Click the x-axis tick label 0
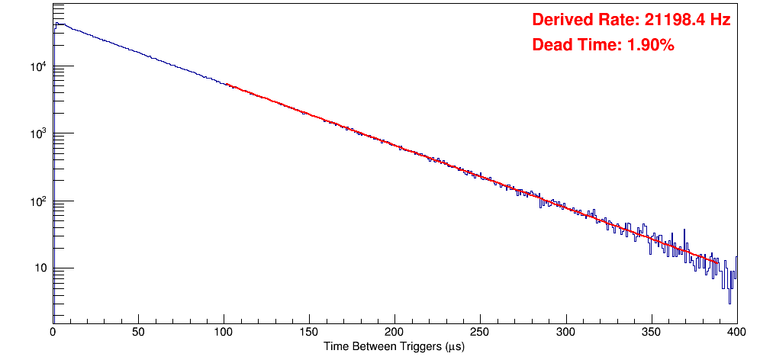53,333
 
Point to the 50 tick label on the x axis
138,333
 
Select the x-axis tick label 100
224,333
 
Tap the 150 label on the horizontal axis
309,333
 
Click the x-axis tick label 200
394,333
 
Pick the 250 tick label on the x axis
480,333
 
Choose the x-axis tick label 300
565,333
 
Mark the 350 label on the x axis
651,333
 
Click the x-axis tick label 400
736,333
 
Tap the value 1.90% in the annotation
650,45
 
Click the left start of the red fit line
226,84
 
